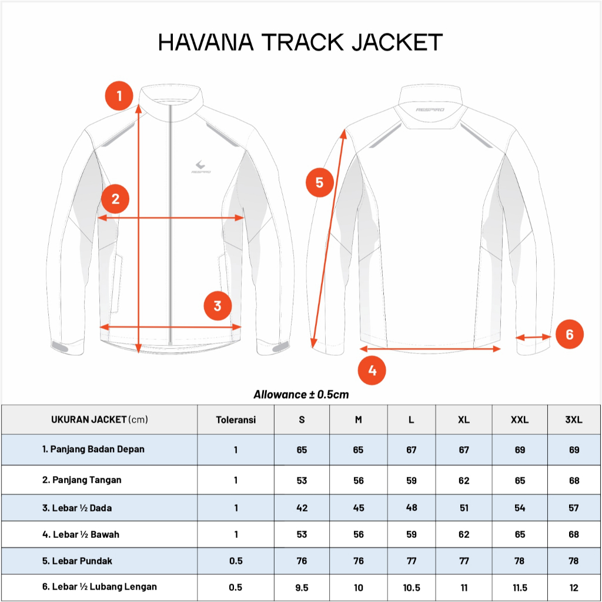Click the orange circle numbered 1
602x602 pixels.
119,95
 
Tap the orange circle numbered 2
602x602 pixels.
115,199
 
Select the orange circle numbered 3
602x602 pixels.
218,306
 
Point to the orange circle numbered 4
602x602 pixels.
372,370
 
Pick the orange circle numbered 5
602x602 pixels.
319,182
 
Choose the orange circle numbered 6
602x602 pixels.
569,335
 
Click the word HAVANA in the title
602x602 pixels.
205,42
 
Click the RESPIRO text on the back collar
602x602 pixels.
430,110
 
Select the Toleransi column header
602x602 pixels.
236,420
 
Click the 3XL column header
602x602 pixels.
574,420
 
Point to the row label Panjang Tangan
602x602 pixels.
82,480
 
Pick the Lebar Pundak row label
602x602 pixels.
77,561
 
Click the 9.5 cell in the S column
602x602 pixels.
302,587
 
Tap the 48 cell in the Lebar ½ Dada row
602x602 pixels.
412,508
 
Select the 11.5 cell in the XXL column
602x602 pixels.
520,587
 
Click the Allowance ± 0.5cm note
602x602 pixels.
301,394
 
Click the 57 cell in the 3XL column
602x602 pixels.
574,508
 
